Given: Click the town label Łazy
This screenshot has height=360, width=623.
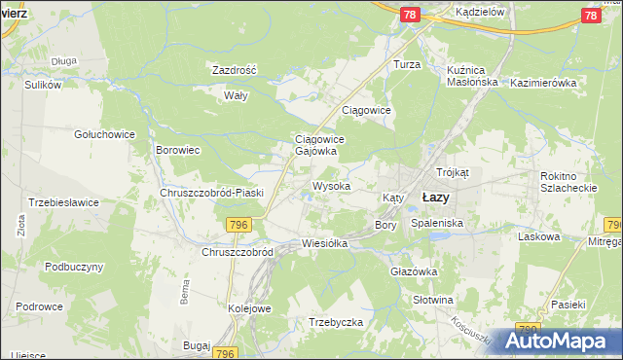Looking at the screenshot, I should (435, 197).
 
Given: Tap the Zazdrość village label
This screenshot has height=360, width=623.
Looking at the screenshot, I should (234, 70).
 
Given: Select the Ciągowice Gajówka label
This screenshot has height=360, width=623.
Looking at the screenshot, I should (315, 145).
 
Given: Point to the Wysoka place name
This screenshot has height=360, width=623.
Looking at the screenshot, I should (331, 185).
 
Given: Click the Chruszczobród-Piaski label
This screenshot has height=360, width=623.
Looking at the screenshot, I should (212, 193).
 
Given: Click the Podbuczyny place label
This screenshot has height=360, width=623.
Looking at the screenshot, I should (74, 266).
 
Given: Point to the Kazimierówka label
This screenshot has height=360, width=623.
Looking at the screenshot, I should (543, 83).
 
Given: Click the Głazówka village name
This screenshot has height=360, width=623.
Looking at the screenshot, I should (415, 271).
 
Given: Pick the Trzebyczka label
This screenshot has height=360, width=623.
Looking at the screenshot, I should (336, 321).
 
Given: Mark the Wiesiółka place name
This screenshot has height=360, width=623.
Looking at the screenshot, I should (325, 243).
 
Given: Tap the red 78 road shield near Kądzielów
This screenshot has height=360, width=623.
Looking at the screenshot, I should (410, 14).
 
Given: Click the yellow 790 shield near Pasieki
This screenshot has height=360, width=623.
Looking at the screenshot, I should (529, 331).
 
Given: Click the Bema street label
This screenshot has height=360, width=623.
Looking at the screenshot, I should (184, 291).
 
